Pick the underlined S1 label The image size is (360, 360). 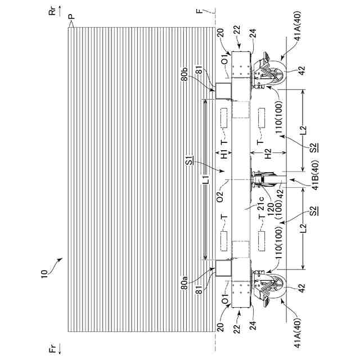pos(190,163)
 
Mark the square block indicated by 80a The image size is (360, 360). pos(223,267)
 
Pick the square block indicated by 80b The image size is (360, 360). pos(223,89)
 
